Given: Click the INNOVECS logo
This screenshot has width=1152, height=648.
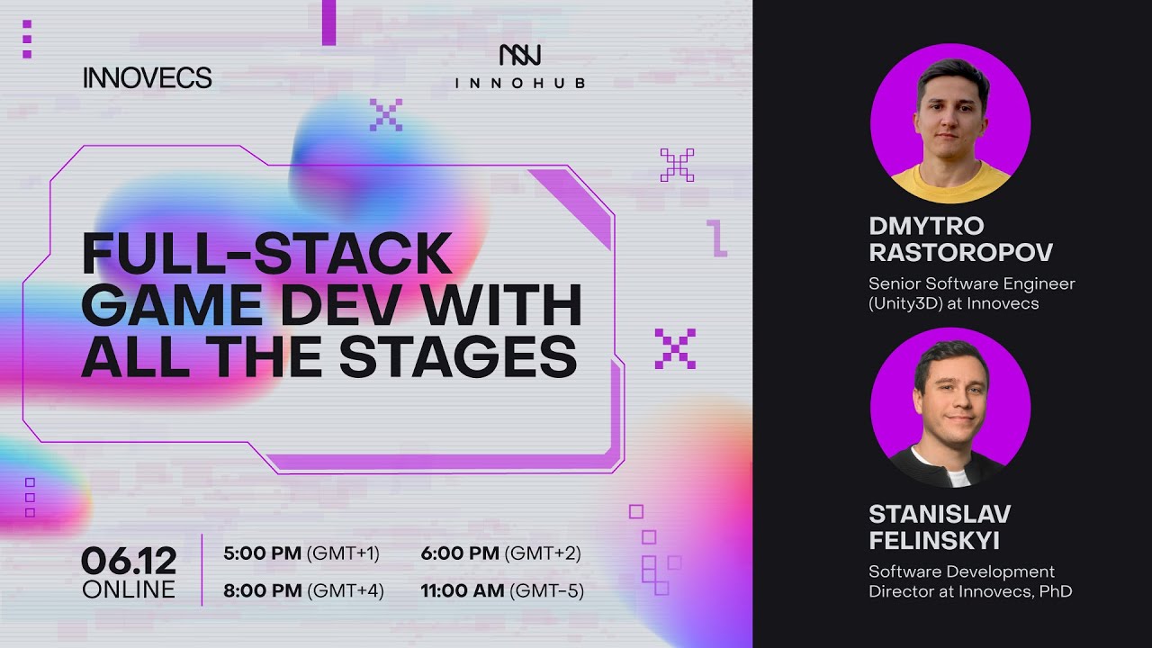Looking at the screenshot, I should coord(148,78).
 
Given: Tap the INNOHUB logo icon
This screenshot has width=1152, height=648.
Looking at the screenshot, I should coord(520,55).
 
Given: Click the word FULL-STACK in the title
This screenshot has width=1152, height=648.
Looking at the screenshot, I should coord(266,254).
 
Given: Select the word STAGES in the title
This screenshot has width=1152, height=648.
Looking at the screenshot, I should coord(458,356).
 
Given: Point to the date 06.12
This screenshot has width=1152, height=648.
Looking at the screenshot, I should coord(129,562).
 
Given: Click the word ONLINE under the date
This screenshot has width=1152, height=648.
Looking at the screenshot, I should coord(129,590).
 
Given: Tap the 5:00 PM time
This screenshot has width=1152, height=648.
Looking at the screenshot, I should coord(262,553).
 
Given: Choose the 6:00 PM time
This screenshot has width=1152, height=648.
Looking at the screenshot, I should coord(460,553).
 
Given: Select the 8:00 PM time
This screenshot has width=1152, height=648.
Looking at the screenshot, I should coord(262,591).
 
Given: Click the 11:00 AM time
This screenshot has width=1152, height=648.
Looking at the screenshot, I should coord(463,591).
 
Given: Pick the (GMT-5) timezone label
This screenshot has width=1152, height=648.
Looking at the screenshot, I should coord(547,591).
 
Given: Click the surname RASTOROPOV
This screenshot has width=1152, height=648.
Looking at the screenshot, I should coord(960,252).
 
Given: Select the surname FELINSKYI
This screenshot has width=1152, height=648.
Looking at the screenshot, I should coord(934,541).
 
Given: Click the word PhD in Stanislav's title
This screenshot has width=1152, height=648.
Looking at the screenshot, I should coord(1055,591).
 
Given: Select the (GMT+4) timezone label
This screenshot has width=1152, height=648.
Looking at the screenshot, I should coord(346,591).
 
